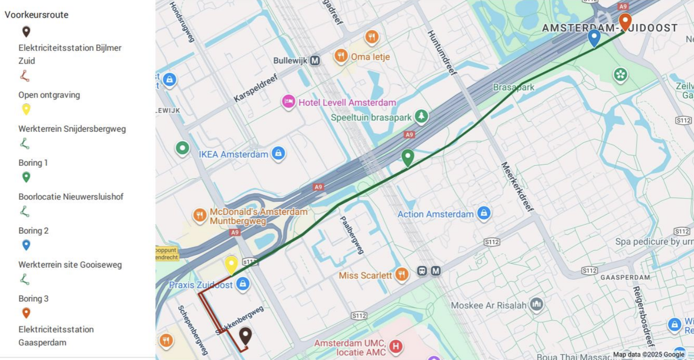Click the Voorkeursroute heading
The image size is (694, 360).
click(37, 15)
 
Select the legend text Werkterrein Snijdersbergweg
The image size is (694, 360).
click(72, 129)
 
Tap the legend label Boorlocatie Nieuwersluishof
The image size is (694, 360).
click(71, 197)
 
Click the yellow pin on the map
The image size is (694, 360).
click(231, 264)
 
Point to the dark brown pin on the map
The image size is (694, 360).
click(245, 335)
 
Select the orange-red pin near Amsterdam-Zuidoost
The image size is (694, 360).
click(625, 21)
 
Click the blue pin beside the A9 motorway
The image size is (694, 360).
click(594, 37)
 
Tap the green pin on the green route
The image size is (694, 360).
click(407, 157)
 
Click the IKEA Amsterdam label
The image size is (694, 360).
click(233, 154)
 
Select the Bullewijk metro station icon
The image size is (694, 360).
click(315, 60)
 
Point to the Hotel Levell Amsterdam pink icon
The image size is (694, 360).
click(288, 102)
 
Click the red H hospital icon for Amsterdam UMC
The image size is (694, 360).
click(396, 346)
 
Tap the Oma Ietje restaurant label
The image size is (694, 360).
click(370, 57)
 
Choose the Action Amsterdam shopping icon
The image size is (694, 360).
click(484, 213)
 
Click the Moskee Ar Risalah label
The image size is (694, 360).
click(488, 305)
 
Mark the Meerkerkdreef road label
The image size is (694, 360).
click(517, 186)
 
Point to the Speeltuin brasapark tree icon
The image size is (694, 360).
click(421, 116)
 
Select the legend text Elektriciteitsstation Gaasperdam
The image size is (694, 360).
click(56, 336)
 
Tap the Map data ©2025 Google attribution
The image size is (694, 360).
click(648, 355)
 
